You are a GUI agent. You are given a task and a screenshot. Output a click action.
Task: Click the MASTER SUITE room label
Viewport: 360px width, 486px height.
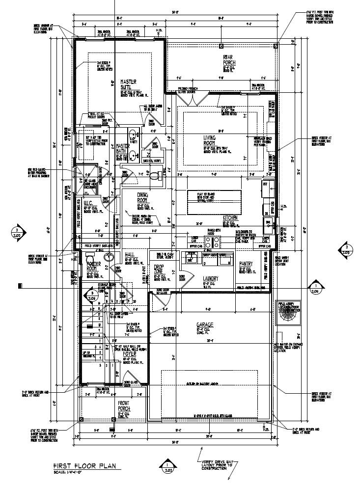point(128,84)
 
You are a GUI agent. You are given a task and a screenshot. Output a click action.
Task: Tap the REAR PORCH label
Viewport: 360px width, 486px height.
point(229,60)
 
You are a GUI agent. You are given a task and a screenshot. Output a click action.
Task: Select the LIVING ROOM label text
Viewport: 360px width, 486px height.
point(210,141)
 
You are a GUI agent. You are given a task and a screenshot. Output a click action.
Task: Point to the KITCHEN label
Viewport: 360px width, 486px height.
point(231,217)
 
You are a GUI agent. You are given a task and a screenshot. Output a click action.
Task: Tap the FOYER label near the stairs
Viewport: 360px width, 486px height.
point(130,353)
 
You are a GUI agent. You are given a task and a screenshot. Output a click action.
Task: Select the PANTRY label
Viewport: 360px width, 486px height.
point(246,264)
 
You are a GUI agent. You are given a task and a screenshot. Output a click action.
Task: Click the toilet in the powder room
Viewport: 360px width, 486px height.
point(89,260)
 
